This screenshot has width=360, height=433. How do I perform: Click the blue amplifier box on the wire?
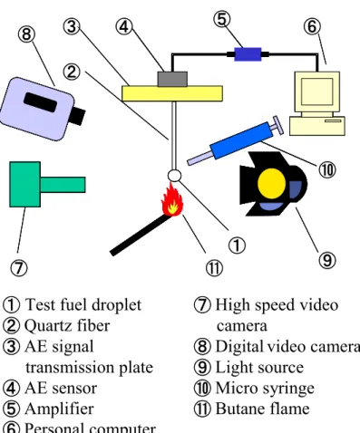[x=248, y=54]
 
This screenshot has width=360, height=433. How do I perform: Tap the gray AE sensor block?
[x=172, y=79]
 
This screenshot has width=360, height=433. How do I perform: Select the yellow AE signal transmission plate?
[x=172, y=93]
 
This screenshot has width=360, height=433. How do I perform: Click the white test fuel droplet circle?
[x=174, y=176]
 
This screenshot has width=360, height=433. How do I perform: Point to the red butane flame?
[x=172, y=200]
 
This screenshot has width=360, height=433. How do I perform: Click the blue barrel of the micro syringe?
[x=239, y=140]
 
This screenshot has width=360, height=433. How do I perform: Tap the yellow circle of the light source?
[x=271, y=183]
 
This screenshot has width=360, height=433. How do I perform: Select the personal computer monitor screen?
[x=316, y=91]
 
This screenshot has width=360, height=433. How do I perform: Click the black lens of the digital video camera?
[x=76, y=116]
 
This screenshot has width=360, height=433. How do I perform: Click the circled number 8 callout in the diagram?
[x=26, y=34]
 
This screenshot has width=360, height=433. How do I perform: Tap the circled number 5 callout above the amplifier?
[x=221, y=19]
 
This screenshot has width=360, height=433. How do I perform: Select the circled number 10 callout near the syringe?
[x=327, y=169]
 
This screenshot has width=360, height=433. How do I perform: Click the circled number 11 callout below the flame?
[x=214, y=268]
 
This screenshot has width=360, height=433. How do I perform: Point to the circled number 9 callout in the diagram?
[x=327, y=260]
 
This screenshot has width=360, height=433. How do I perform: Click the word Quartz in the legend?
[x=48, y=326]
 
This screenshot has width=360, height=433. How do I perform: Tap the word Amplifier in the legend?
[x=59, y=409]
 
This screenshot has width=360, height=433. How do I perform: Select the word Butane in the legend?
[x=239, y=409]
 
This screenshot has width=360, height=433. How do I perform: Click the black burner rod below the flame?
[x=140, y=235]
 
